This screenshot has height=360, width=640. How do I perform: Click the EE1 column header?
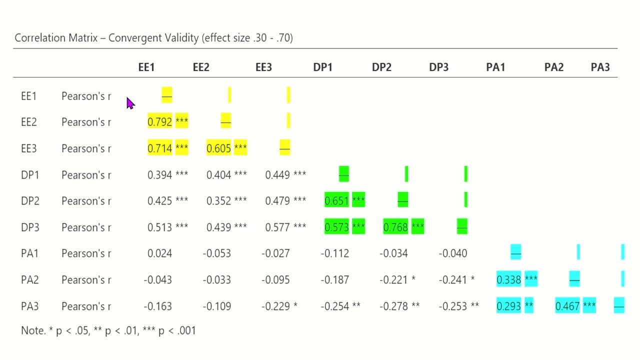tap(146, 67)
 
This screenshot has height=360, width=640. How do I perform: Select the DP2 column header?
tap(381, 67)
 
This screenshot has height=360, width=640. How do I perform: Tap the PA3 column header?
tap(600, 67)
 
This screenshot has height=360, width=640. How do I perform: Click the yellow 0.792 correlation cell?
tap(160, 122)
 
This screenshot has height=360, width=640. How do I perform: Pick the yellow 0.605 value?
tap(218, 148)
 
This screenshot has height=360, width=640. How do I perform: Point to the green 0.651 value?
tap(336, 201)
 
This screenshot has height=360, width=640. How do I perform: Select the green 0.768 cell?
tap(395, 227)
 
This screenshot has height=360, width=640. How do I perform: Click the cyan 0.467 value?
tap(567, 306)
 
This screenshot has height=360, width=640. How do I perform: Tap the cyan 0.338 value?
tap(509, 279)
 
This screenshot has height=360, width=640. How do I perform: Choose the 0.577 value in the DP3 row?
tap(277, 227)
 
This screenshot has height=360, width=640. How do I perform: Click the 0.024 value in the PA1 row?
tap(159, 253)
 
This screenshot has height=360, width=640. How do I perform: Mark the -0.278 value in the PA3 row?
tap(393, 306)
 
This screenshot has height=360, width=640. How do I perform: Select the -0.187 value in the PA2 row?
tap(334, 279)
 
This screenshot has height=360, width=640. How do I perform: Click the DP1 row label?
tap(30, 175)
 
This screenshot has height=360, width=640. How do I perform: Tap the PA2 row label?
tap(30, 279)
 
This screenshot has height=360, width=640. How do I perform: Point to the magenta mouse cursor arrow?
tap(130, 103)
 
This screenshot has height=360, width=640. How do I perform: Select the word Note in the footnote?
tap(32, 330)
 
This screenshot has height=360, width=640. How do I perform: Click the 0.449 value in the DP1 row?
tap(277, 175)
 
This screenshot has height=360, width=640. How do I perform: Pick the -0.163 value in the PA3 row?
tap(157, 306)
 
